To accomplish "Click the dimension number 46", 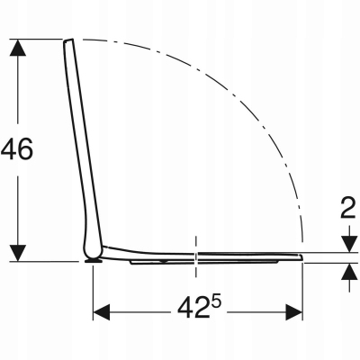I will [18, 149].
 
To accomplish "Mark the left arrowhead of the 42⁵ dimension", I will [102, 311].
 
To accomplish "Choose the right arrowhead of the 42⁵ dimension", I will [294, 311].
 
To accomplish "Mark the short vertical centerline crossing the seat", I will [196, 256].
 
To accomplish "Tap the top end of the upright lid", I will [70, 40].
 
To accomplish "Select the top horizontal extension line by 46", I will [40, 39].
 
